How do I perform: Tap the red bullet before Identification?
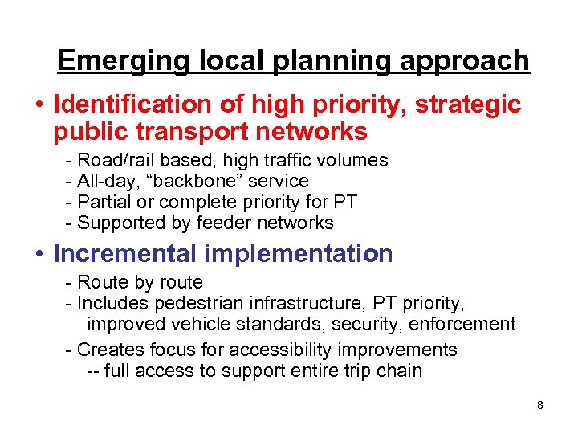tap(39, 104)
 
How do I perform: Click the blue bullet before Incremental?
tap(39, 254)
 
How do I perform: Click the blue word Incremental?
tap(127, 254)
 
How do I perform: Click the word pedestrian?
tap(189, 304)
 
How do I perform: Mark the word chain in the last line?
tap(399, 371)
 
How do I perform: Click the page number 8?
tap(540, 405)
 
